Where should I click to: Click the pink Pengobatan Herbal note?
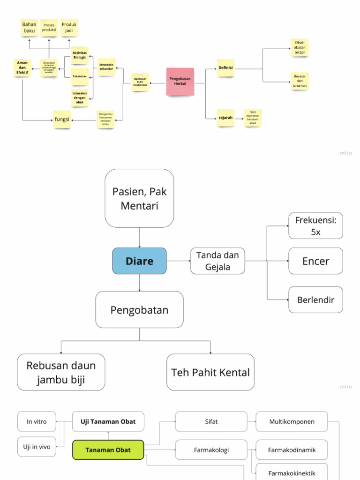[180, 82]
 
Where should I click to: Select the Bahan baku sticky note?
[30, 28]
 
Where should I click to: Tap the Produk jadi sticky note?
[69, 28]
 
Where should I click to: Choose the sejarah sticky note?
[225, 118]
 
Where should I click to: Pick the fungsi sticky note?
[62, 120]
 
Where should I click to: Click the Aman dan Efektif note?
[22, 68]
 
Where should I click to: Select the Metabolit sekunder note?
[106, 67]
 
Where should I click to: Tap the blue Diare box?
[139, 261]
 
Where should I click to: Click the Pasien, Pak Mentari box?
[139, 198]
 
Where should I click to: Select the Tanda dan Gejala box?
[217, 261]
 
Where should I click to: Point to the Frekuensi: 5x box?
[315, 225]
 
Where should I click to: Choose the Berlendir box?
[315, 300]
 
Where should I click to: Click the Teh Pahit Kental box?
[210, 372]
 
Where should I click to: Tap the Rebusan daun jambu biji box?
[61, 372]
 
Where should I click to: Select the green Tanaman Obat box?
[108, 450]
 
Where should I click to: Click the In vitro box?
[37, 421]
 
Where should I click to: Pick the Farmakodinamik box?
[292, 450]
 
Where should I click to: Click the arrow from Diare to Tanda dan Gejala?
[179, 261]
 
